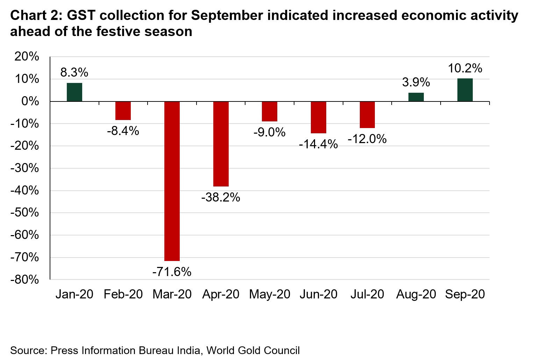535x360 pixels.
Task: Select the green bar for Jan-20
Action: tap(74, 92)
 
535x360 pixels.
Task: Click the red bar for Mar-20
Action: tap(172, 181)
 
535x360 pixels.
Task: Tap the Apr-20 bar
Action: tap(221, 144)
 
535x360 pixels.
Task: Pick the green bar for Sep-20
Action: tap(465, 90)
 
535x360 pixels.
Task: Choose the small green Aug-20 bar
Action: tap(416, 97)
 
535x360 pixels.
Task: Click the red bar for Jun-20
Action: tap(318, 117)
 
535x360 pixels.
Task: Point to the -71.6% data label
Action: tap(172, 271)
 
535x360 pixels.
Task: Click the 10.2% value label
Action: tap(465, 68)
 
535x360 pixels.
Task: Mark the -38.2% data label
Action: tap(221, 197)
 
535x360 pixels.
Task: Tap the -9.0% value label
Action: tap(269, 132)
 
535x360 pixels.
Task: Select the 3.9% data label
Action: tap(416, 82)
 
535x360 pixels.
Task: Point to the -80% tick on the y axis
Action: tap(24, 280)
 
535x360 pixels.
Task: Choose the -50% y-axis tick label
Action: tap(24, 213)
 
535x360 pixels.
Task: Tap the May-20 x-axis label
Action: tap(270, 294)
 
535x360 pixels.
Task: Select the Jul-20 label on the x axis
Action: tap(367, 294)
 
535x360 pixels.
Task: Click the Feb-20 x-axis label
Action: tap(123, 294)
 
